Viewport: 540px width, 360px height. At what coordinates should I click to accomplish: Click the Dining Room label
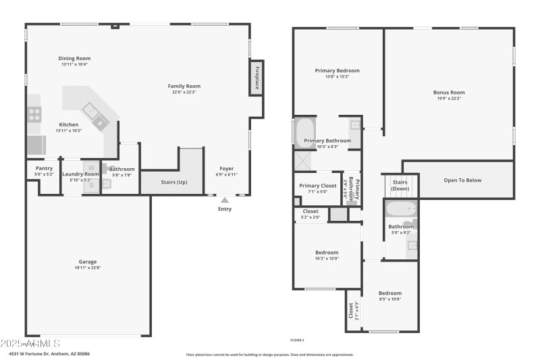click(74, 58)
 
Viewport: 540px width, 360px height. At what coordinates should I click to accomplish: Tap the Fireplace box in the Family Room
click(256, 78)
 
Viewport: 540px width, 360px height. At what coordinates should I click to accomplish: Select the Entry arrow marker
click(225, 200)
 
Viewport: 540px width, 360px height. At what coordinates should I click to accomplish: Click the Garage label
click(88, 261)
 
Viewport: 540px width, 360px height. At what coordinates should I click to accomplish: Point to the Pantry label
click(44, 168)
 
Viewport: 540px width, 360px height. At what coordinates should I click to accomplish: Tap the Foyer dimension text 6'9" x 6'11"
click(226, 175)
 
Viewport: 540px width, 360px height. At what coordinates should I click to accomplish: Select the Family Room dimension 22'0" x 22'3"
click(184, 93)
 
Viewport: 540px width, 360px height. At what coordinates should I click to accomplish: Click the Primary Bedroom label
click(337, 70)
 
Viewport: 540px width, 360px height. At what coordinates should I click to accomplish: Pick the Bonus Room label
click(449, 93)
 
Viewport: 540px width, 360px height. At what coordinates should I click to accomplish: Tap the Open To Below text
click(462, 180)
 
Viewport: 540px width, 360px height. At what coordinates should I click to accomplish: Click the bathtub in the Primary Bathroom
click(305, 132)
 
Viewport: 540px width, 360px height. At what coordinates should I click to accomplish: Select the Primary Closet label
click(318, 186)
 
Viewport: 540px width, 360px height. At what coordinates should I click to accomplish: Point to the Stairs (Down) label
click(400, 185)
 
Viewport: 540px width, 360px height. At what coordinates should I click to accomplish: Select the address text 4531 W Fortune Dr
click(49, 353)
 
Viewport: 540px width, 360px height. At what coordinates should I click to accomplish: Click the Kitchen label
click(69, 124)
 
